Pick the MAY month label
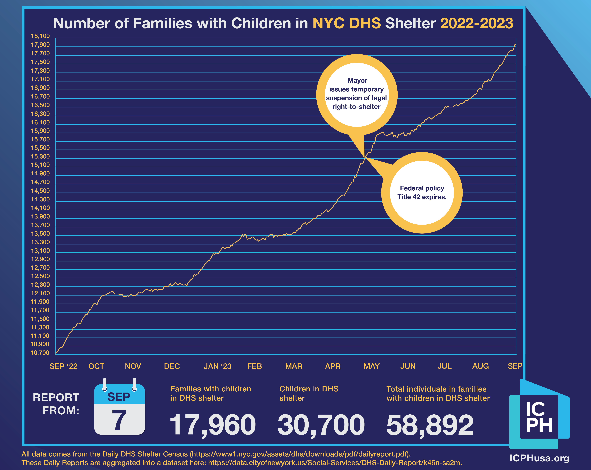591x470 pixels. pos(371,366)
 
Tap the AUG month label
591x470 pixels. pos(480,366)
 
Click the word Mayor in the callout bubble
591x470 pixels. pos(357,80)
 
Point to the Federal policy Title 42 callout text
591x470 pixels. pos(422,193)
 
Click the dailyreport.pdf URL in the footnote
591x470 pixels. pos(300,454)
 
